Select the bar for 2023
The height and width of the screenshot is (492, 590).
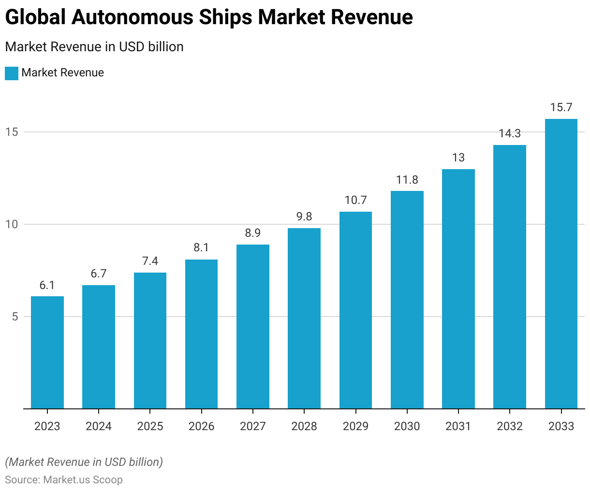point(47,352)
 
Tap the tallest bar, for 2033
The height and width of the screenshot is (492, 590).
point(561,263)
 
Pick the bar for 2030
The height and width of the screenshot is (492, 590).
point(407,300)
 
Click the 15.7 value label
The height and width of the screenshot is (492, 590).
point(561,107)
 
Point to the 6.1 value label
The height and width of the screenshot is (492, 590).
point(47,285)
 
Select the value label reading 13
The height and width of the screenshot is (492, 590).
point(458,158)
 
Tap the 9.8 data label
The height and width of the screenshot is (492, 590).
point(304,217)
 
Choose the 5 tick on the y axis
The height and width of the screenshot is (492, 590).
point(15,317)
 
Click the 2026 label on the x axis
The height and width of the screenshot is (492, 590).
point(201,426)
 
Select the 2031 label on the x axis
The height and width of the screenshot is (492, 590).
point(458,426)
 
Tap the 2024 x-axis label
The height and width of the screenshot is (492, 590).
point(99,426)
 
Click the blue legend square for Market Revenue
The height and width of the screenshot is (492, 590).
point(12,73)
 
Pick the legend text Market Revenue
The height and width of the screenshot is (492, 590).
point(63,73)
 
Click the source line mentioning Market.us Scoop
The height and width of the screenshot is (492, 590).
point(64,480)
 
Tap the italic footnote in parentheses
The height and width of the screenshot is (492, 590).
point(84,462)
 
